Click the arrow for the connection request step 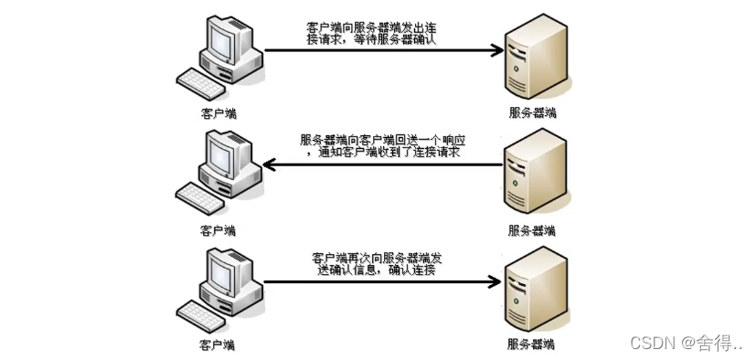[x=384, y=50]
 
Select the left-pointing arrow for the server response [x=384, y=165]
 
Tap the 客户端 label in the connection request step [x=218, y=113]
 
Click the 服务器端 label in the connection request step [x=532, y=113]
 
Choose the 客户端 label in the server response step [x=218, y=229]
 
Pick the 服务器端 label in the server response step [x=532, y=229]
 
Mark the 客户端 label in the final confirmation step [x=218, y=344]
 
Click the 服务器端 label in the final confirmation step [x=532, y=344]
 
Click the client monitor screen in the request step [x=221, y=41]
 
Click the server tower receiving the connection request [x=533, y=57]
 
